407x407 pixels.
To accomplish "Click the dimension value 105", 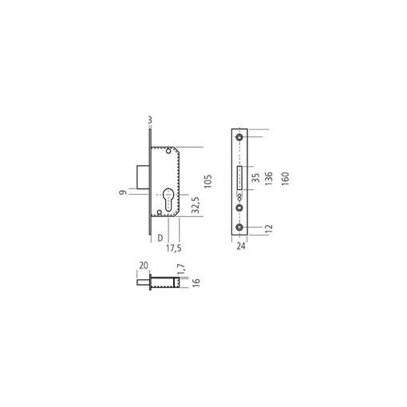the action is click(208, 181).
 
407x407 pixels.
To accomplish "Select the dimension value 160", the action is click(285, 179).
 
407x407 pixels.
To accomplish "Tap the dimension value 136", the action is click(269, 179).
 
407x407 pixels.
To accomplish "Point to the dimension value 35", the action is click(255, 178).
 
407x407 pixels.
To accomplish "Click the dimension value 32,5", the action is click(196, 205).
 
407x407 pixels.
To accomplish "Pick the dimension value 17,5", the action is click(174, 248).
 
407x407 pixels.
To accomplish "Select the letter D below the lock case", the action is click(160, 238).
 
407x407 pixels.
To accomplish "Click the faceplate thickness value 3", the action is click(150, 121).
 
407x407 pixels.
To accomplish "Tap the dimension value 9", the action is click(123, 192).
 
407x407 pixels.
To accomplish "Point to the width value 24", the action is click(241, 246).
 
